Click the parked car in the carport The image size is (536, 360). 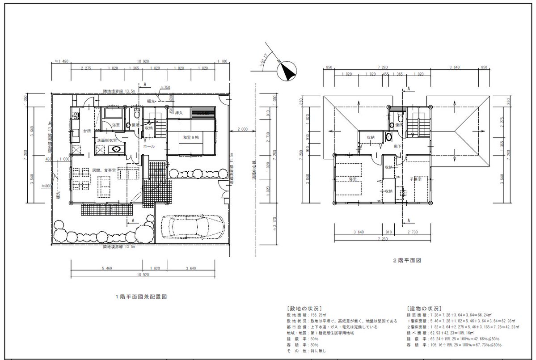(x=193, y=227)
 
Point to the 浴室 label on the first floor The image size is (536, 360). (x=116, y=125)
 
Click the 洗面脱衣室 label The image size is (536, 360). (x=107, y=140)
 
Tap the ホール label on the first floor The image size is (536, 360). (x=148, y=146)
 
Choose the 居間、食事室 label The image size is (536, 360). (x=104, y=170)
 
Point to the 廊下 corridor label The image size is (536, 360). (x=397, y=146)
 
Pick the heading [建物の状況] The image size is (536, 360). (x=424, y=309)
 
